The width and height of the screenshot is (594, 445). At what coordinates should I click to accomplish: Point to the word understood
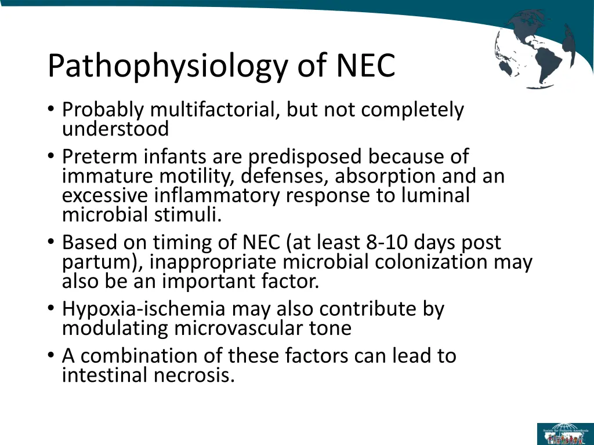pyautogui.click(x=115, y=129)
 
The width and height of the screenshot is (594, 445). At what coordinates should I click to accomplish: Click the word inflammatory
pyautogui.click(x=219, y=195)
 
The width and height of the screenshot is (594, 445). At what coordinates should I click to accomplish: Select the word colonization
pyautogui.click(x=432, y=262)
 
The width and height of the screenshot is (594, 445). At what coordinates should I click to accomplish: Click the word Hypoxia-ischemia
pyautogui.click(x=138, y=309)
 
